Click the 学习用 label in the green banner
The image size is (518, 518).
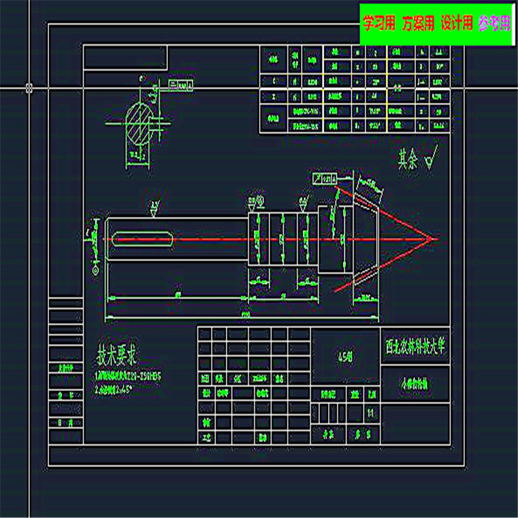(x=378, y=23)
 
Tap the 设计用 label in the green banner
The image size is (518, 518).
(x=457, y=23)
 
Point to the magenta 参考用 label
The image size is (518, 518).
(x=495, y=23)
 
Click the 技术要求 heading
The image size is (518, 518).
(x=117, y=357)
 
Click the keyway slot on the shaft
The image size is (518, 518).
(x=143, y=239)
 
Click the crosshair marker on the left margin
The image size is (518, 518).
(x=29, y=88)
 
